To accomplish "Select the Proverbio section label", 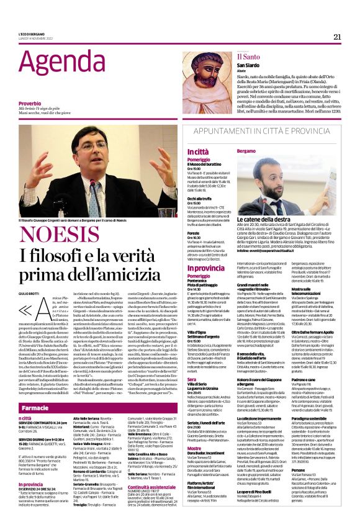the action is (x=30, y=103).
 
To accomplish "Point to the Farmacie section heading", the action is (x=31, y=390).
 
